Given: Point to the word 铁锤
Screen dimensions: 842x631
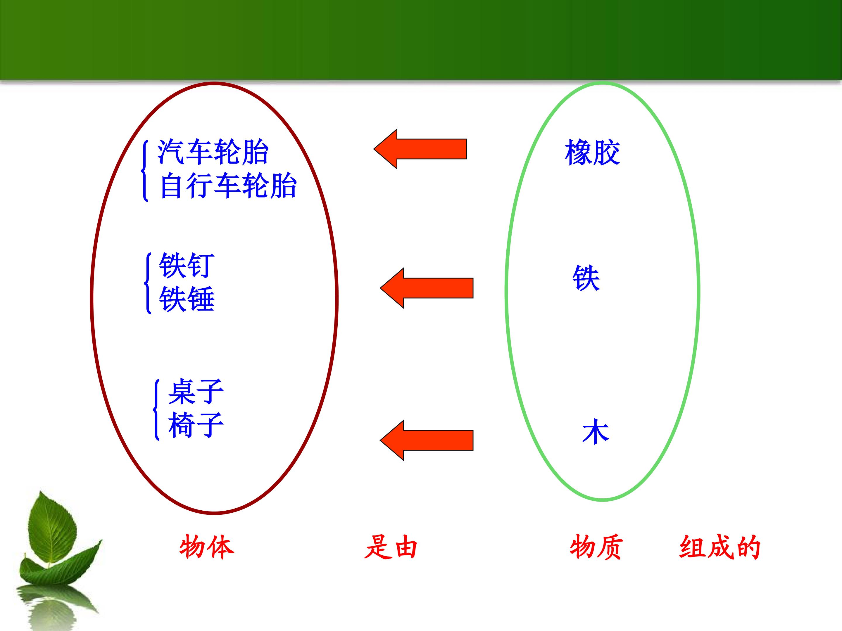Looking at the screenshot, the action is click(x=187, y=299).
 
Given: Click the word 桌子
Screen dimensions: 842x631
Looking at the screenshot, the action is click(x=196, y=391).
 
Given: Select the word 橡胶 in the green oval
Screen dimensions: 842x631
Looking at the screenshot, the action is click(x=592, y=152).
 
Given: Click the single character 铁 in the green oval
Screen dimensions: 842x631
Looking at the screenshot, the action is click(x=586, y=278).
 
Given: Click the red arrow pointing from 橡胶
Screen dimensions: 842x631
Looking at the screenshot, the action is click(x=420, y=149).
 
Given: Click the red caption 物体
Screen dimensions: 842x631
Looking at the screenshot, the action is click(x=207, y=547).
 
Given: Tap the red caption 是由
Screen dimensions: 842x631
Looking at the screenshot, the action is click(x=391, y=547).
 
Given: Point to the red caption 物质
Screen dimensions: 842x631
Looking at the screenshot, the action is click(x=596, y=547).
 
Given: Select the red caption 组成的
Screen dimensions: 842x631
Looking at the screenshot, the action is click(x=720, y=547).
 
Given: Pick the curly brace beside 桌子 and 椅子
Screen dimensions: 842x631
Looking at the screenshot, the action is click(x=156, y=410).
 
